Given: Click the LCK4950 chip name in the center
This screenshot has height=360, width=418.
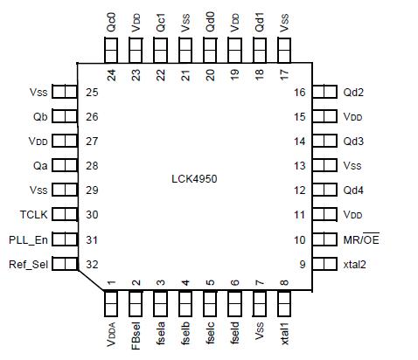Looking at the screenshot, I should click(193, 178).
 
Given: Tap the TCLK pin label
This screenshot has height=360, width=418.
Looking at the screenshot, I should click(35, 215).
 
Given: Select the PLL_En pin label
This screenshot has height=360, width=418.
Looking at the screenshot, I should click(29, 240).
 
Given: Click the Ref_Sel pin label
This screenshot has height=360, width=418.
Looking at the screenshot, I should click(28, 265).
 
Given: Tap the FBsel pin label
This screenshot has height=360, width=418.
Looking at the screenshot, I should click(136, 336).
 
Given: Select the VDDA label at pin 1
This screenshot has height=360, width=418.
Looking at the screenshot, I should click(112, 336).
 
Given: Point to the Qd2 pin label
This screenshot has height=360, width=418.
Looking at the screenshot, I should click(354, 92).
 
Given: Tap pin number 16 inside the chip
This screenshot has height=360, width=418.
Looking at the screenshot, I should click(299, 92).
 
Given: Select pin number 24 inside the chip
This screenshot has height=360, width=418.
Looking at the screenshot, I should click(112, 75).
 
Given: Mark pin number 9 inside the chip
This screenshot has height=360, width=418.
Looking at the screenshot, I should click(302, 265).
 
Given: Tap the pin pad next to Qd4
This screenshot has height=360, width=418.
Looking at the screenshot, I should click(324, 190).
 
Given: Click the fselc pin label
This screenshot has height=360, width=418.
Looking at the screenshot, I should click(210, 335).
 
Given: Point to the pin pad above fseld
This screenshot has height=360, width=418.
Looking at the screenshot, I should click(234, 301).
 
